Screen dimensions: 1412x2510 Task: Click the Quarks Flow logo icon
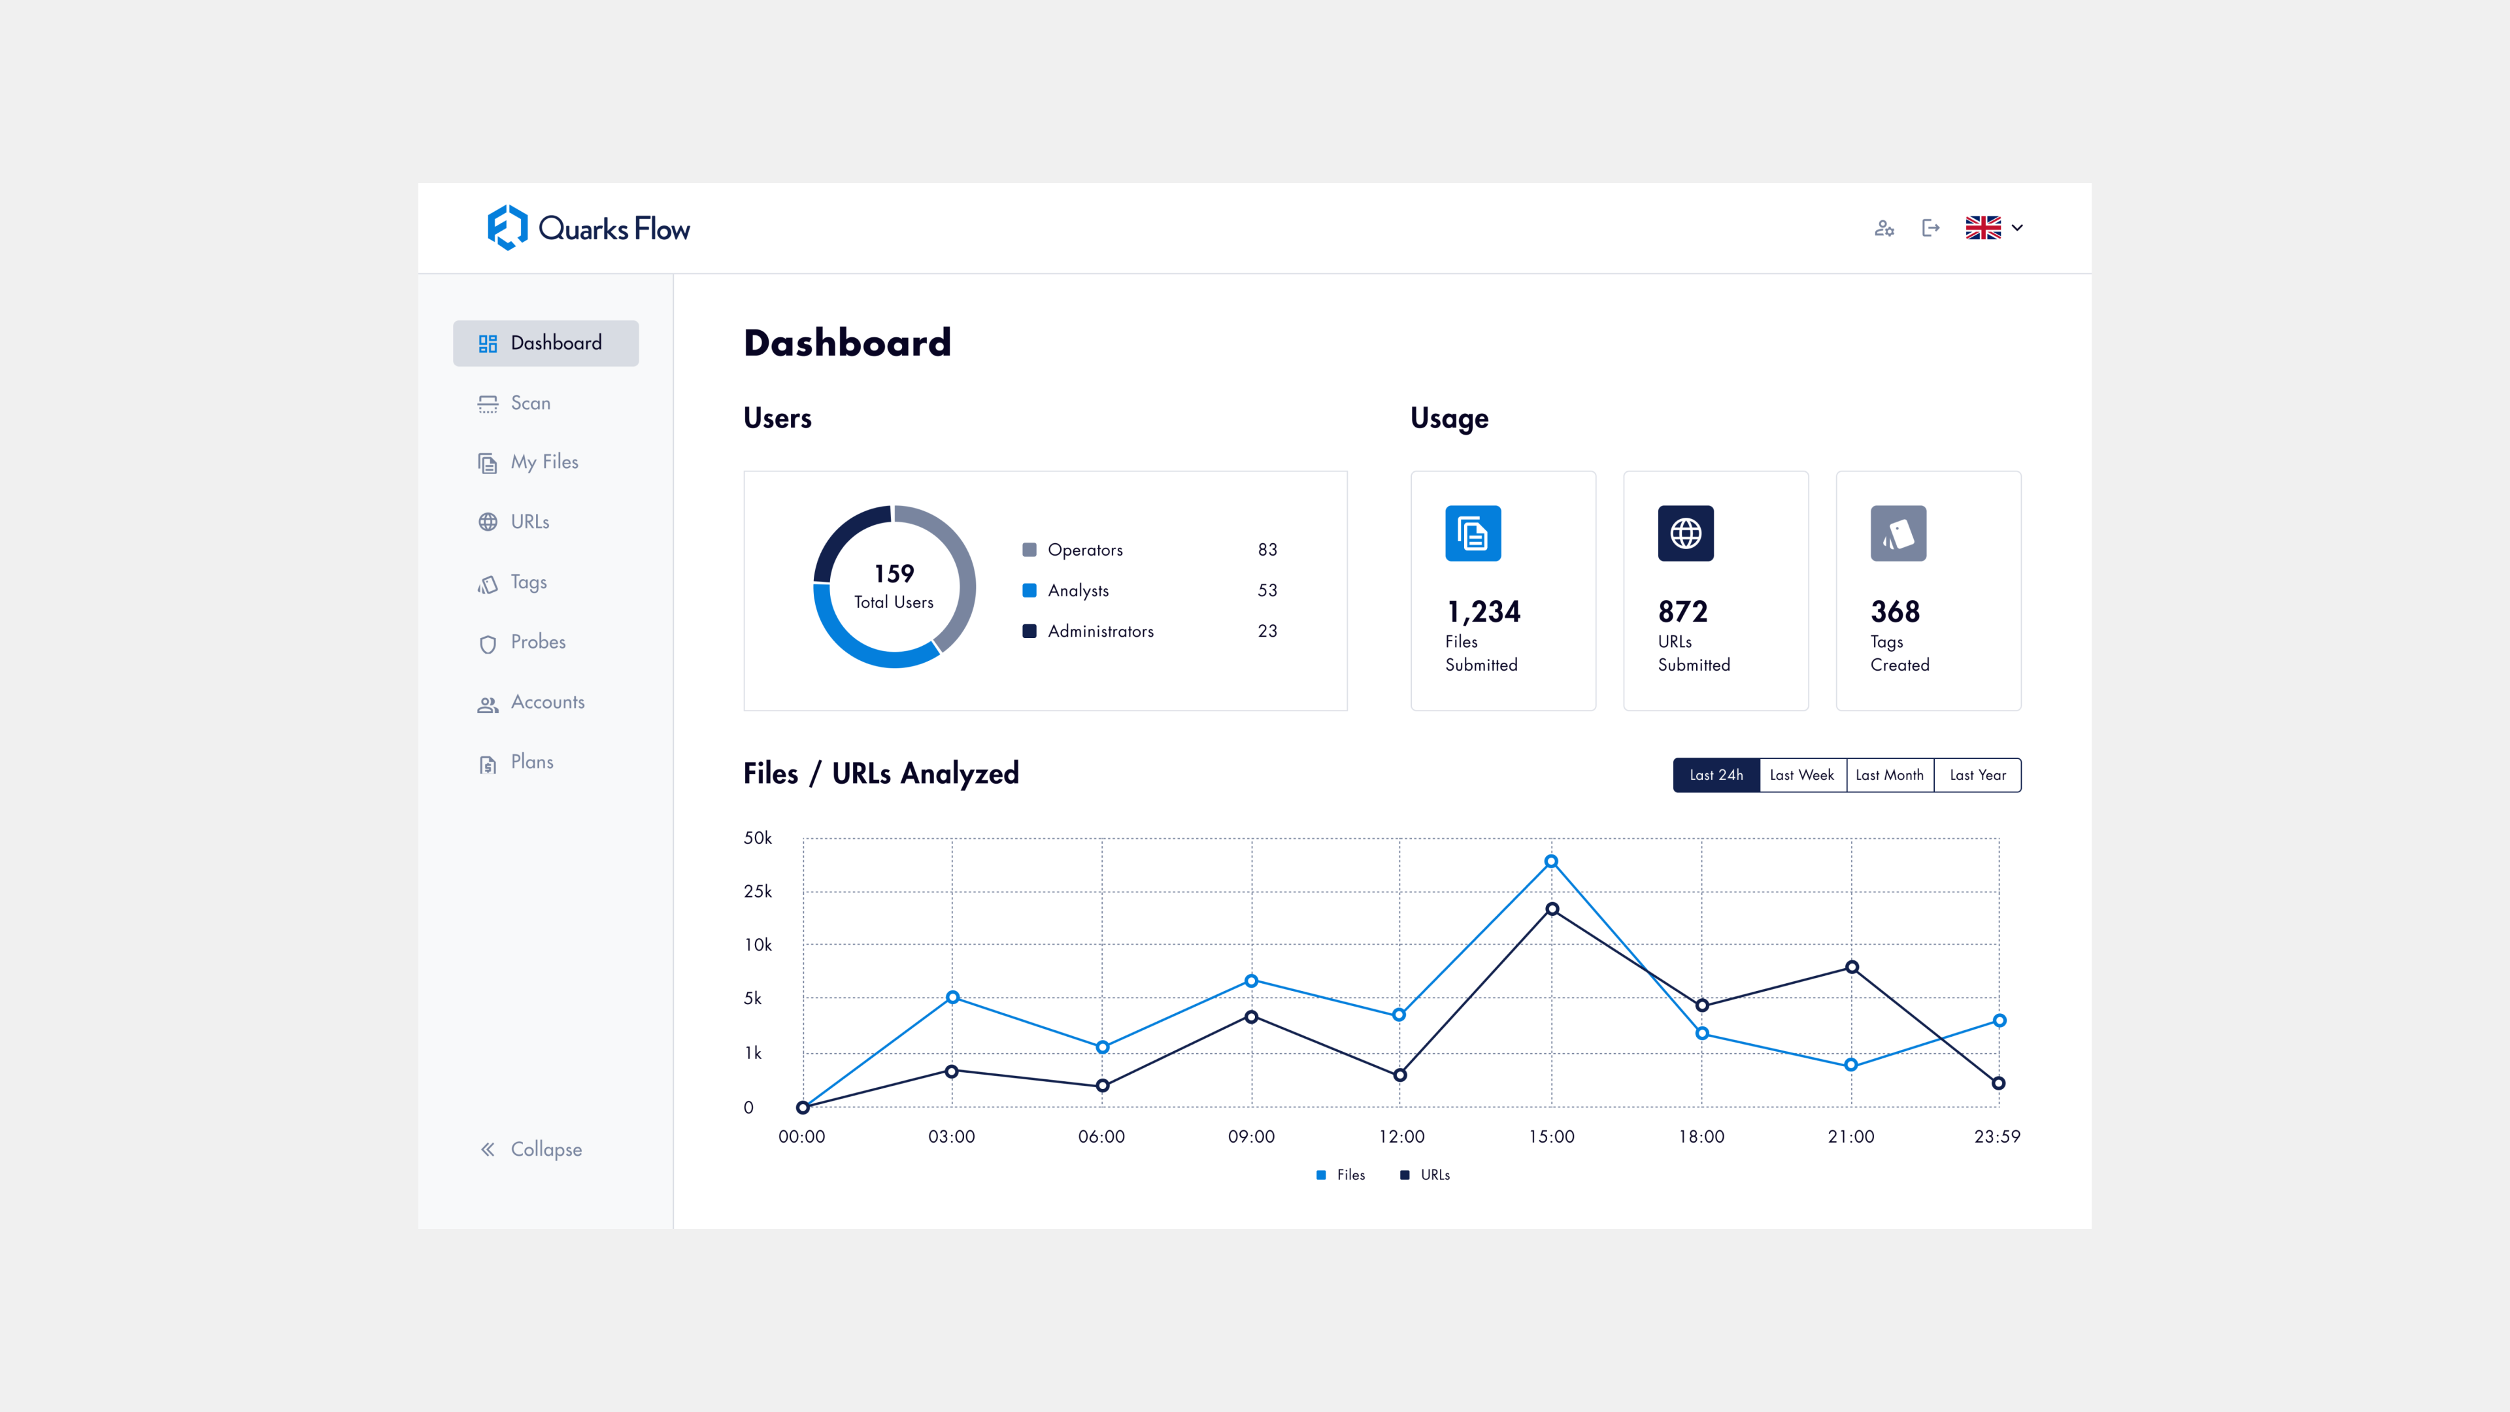click(x=507, y=228)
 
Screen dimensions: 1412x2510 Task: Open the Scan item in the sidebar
click(x=530, y=403)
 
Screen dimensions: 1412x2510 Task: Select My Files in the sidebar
click(x=544, y=462)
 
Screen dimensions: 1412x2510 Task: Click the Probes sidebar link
click(x=538, y=642)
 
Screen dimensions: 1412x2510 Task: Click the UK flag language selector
click(x=1984, y=228)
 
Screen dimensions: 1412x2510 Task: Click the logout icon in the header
click(x=1930, y=228)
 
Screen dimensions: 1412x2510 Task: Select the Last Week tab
click(x=1801, y=775)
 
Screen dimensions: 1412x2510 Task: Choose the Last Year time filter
click(x=1977, y=775)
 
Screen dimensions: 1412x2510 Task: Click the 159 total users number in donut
click(x=894, y=574)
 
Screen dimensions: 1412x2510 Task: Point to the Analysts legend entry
click(x=1078, y=590)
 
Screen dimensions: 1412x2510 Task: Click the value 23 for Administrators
click(x=1267, y=631)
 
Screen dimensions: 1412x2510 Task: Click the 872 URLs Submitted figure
click(x=1682, y=612)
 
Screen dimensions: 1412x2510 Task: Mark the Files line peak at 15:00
click(x=1551, y=862)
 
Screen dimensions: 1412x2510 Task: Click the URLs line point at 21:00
click(x=1851, y=967)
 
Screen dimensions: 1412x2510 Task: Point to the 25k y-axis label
click(x=757, y=892)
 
